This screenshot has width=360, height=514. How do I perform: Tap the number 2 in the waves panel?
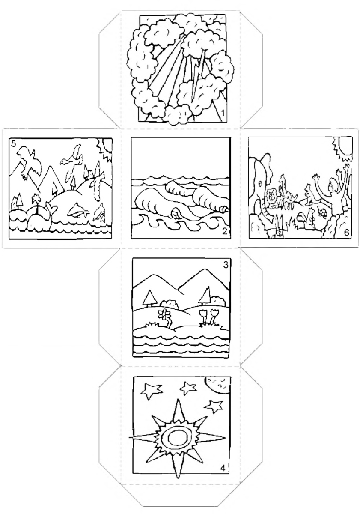click(x=224, y=232)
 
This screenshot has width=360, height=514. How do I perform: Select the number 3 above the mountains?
click(x=226, y=265)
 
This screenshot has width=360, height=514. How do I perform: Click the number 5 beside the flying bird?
click(x=14, y=144)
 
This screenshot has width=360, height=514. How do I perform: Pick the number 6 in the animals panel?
click(x=346, y=233)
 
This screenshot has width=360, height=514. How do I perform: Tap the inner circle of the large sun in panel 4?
click(x=176, y=439)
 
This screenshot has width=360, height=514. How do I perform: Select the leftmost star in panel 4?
click(x=152, y=391)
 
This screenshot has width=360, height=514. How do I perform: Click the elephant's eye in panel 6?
click(x=260, y=184)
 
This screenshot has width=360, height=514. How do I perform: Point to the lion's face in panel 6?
click(x=272, y=197)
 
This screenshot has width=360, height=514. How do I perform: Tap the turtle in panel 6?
click(x=323, y=212)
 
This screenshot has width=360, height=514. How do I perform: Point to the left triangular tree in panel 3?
click(x=149, y=298)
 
